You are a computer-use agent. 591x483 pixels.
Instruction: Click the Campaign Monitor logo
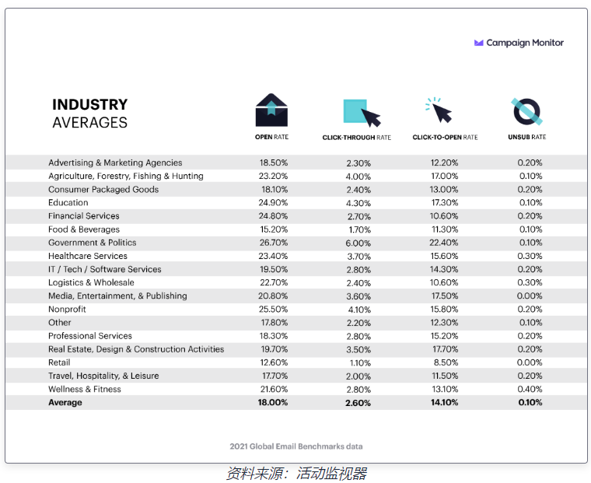pos(519,43)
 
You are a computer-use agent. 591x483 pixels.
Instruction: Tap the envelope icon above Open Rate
pos(271,111)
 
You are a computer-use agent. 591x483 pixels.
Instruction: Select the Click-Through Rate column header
pos(357,138)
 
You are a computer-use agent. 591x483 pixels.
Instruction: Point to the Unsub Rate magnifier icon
pos(526,112)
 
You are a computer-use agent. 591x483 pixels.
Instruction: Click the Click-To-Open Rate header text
pos(445,138)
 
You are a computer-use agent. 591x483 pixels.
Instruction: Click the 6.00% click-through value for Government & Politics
pos(358,243)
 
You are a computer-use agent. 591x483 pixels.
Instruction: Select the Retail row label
pos(59,362)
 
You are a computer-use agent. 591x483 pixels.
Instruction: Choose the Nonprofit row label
pos(68,310)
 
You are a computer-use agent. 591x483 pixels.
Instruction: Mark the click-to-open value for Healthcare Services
pos(444,256)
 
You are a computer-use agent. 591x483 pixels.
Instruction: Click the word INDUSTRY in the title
pos(89,104)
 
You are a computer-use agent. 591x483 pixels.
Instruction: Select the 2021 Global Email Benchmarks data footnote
pos(296,446)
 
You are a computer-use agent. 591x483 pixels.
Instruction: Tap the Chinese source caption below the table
pos(295,473)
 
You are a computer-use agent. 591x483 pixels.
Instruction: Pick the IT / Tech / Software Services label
pos(105,269)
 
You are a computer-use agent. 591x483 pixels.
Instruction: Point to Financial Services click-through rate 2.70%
pos(358,216)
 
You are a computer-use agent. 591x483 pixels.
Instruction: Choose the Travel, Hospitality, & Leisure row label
pos(103,376)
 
